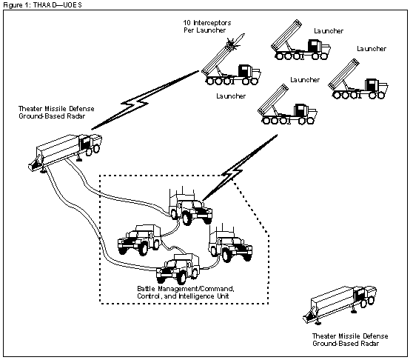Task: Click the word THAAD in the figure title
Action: point(44,5)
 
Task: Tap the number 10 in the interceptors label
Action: point(187,23)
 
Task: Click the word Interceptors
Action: point(212,23)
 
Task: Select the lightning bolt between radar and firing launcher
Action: point(145,100)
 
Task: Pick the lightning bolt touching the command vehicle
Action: point(240,167)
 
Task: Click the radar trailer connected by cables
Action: point(64,152)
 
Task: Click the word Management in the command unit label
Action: point(174,289)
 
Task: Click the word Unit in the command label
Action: point(223,296)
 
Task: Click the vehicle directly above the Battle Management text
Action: point(178,268)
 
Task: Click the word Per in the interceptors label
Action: point(189,30)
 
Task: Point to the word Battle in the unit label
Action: point(144,289)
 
